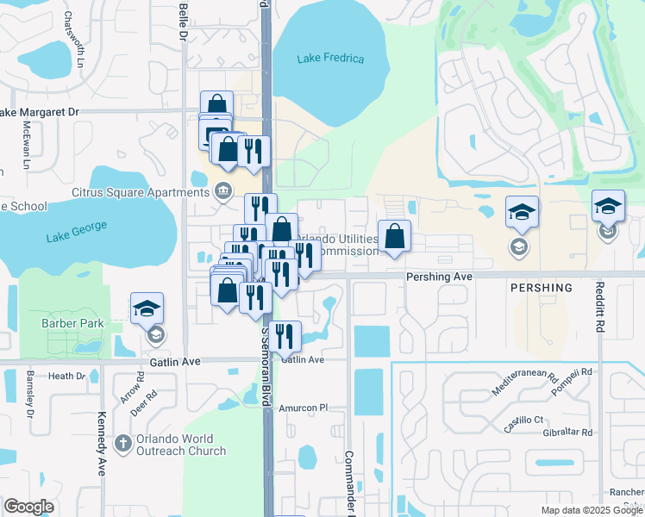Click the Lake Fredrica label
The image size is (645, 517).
coord(330,59)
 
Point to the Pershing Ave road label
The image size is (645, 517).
coord(440,277)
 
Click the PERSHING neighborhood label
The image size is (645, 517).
coord(541,288)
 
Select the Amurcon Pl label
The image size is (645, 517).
coord(305,407)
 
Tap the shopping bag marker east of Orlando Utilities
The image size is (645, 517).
coord(394,236)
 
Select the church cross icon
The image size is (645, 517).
coord(122,443)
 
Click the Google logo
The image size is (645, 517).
coord(29,507)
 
